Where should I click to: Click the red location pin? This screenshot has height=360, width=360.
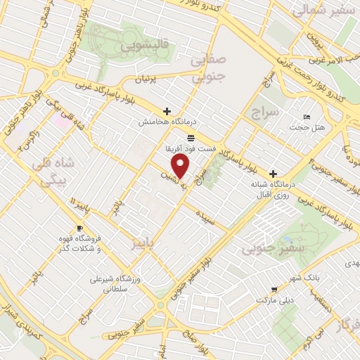(x=181, y=167)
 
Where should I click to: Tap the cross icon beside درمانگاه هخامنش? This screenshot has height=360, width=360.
(x=167, y=110)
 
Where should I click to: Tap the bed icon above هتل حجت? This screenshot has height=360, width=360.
(x=304, y=116)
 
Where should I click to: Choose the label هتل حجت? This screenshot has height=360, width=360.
(x=306, y=127)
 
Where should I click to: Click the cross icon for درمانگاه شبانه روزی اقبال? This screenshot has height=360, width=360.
(x=273, y=174)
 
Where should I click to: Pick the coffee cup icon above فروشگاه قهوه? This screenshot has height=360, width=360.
(x=79, y=229)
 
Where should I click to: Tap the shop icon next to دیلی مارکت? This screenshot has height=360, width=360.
(x=274, y=288)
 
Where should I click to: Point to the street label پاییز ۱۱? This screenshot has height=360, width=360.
(x=76, y=205)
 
